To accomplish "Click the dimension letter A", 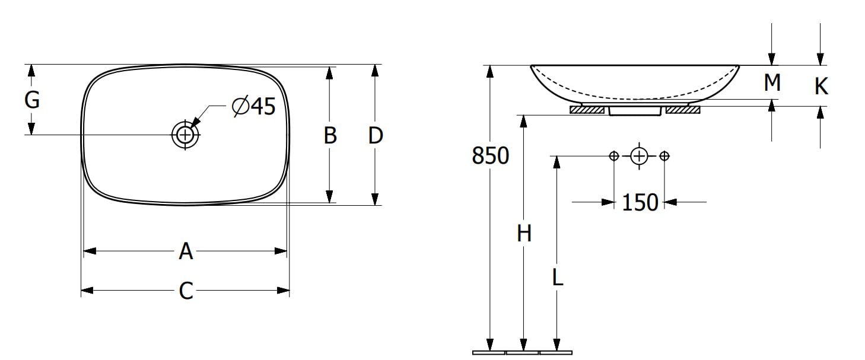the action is coord(186,251).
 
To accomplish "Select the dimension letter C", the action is coord(186,291).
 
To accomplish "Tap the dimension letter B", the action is coord(330,136).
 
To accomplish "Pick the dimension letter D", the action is coord(376,136).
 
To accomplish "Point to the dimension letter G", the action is coord(32,100).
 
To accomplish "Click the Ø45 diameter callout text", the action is coord(254,106).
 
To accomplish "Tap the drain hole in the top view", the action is coord(185,135).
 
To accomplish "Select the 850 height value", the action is coord(491,156).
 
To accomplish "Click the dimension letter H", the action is coord(524,234).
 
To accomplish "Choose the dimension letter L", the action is coord(558,277).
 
